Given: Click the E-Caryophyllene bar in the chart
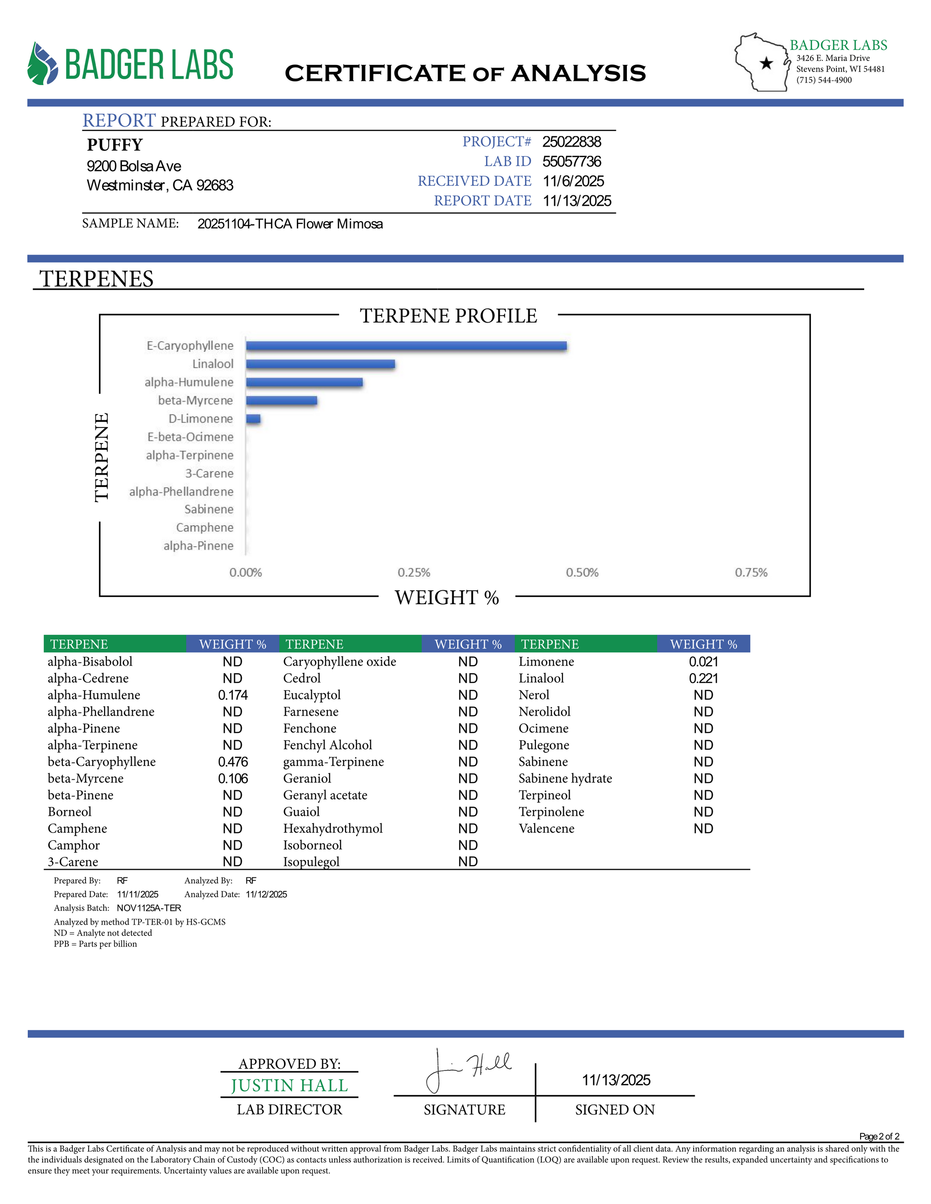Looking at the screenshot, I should pos(406,346).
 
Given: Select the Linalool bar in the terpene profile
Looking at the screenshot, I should pos(320,364).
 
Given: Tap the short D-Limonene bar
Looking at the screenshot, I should pos(253,418).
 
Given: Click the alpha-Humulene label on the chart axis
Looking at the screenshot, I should pos(189,382).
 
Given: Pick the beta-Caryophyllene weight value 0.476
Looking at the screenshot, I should pos(233,761).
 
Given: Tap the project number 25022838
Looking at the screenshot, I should pos(571,142).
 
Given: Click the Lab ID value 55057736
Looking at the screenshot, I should pos(571,162).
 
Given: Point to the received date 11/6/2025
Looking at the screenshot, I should pos(573,181).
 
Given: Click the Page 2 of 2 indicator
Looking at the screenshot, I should pos(879,1136).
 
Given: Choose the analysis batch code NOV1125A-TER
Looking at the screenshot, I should pos(149,908).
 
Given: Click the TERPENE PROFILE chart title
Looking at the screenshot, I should pos(448,316).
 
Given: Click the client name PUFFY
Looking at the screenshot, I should pos(115,145).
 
